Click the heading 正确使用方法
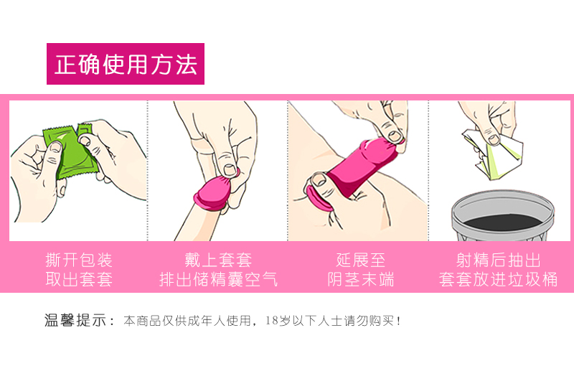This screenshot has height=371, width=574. pos(126,65)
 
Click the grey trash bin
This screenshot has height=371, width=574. pos(503,216)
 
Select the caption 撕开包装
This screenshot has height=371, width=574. pos(79,260)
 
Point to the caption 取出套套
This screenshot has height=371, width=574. pos(79,279)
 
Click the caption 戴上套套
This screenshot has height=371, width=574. pos(218,260)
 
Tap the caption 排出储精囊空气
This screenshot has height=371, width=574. pos(219,279)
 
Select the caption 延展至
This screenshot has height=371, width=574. pos(361,260)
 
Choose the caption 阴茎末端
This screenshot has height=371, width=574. pos(361,279)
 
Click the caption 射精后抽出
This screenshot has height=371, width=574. pos(498,260)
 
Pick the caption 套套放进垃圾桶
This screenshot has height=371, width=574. pos(498,279)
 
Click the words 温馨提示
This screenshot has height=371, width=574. pos(75,320)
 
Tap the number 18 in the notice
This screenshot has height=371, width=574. pos(272,321)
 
